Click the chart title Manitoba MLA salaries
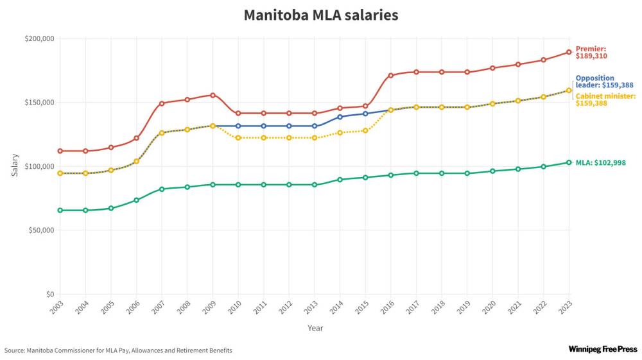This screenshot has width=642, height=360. [x=320, y=15]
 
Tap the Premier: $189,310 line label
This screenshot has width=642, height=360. [x=591, y=53]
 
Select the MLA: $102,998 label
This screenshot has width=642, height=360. [x=600, y=163]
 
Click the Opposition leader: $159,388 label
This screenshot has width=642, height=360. [x=604, y=81]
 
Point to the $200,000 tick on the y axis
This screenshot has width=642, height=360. [x=40, y=39]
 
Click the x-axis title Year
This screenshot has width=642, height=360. [x=315, y=328]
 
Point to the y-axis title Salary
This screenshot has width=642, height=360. [x=15, y=165]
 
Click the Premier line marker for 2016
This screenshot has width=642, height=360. [x=390, y=76]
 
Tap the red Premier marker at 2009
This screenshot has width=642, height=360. [x=213, y=96]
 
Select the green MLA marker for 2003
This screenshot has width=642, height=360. [x=60, y=210]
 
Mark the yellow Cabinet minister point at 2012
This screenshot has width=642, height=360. [x=289, y=138]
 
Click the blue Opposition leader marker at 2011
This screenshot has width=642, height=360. [x=263, y=126]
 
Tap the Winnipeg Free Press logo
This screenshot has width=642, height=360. [x=602, y=349]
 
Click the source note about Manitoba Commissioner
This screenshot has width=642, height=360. [x=118, y=350]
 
